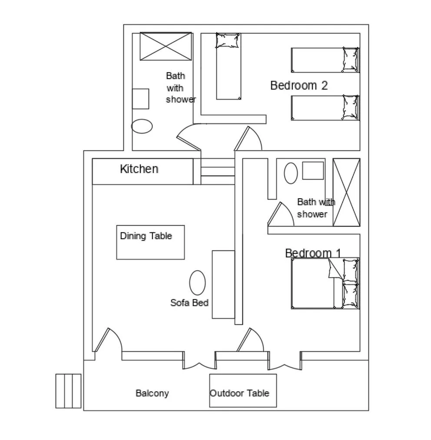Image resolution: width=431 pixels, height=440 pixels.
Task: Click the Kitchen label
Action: pos(139,169)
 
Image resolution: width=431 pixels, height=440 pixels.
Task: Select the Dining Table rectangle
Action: pos(150,242)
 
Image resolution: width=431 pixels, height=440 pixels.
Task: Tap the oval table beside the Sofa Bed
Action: pos(197,283)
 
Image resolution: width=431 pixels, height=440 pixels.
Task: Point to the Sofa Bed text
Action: pos(189,303)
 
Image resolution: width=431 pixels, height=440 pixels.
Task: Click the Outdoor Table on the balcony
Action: pos(243,390)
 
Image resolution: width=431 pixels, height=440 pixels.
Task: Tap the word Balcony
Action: pos(152,393)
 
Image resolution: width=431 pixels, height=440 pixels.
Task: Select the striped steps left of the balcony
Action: pos(68,391)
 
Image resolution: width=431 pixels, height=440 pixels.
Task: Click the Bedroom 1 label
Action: pos(313,253)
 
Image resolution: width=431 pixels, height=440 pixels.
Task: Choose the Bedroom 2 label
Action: pos(299,85)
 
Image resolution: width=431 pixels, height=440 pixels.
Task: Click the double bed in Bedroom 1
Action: pos(313,283)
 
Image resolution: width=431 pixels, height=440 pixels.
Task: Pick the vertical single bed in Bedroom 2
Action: pos(229,66)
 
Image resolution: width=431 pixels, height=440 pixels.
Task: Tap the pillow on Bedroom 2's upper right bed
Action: pos(350,60)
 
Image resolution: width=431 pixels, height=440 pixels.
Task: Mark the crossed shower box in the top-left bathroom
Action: pos(166,46)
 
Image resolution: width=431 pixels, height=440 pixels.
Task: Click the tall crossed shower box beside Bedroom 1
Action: pos(346,192)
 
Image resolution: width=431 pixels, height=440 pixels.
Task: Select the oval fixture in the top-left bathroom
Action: pos(142,126)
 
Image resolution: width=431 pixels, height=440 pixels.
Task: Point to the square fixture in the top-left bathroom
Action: pos(140,99)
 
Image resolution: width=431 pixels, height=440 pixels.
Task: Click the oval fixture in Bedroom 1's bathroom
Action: pos(291,173)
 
